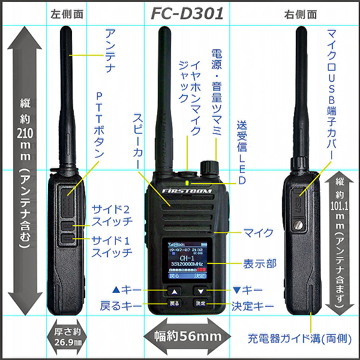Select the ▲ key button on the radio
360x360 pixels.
click(174, 291)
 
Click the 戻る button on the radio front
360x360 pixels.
click(174, 304)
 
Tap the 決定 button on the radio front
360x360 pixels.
click(200, 304)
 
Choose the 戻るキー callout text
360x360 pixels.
click(121, 305)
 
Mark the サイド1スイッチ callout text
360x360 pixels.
click(112, 246)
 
